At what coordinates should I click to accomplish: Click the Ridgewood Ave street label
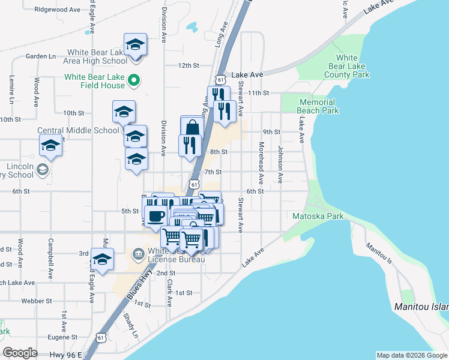(58, 10)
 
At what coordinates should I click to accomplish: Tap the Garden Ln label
(41, 56)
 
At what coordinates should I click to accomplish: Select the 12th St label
(188, 65)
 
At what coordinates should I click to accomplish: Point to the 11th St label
(260, 93)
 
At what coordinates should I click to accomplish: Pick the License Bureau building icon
(139, 253)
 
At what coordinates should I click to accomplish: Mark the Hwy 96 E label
(66, 355)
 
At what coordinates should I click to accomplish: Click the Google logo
(20, 353)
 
